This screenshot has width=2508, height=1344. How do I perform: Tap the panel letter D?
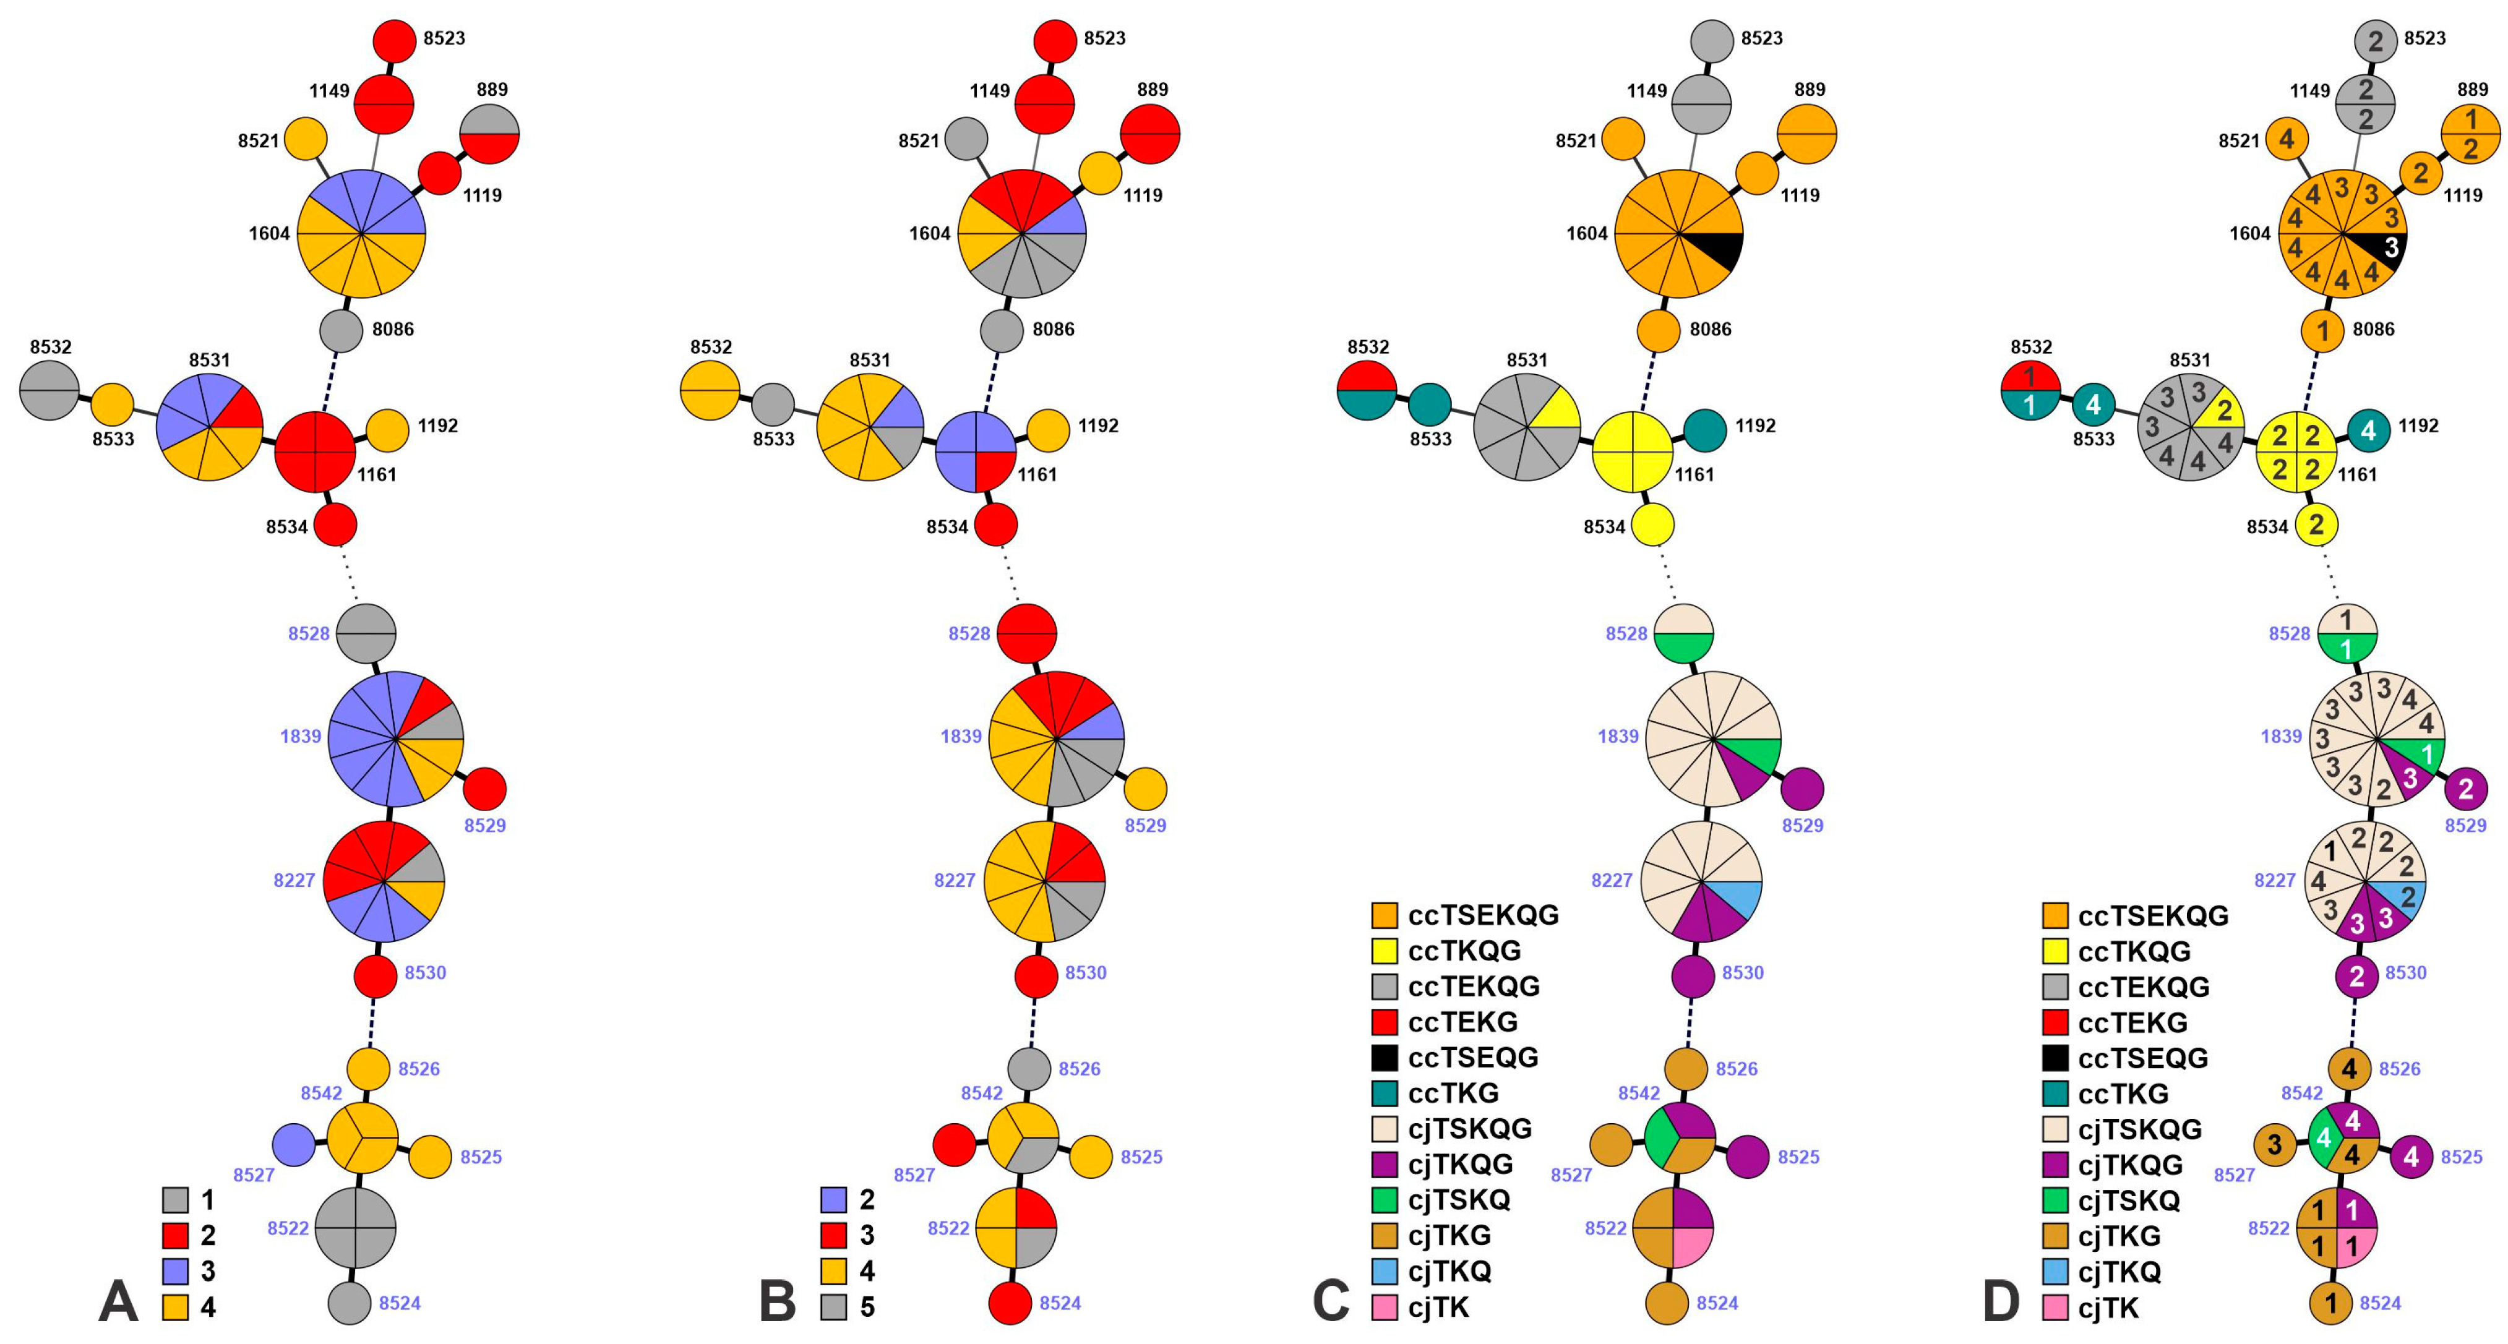tap(2001, 1301)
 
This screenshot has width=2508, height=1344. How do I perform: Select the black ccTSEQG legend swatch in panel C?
tap(1383, 1058)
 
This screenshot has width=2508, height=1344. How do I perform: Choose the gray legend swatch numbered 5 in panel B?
tap(833, 1306)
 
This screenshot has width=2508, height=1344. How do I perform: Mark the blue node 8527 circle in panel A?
tap(293, 1144)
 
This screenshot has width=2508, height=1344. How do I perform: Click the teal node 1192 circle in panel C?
tap(1705, 430)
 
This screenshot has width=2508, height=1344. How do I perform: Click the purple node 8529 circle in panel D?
tap(2465, 789)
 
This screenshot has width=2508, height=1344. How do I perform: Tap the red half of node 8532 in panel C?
tap(1367, 375)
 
